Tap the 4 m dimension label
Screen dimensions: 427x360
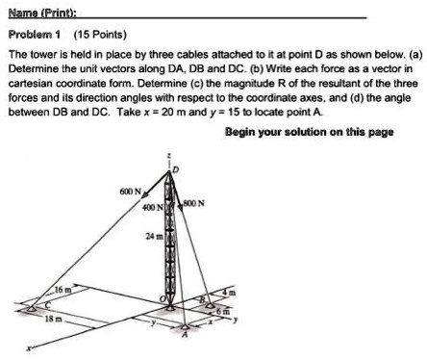point(229,292)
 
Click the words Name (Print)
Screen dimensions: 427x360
point(33,12)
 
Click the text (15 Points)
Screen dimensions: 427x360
point(88,33)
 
